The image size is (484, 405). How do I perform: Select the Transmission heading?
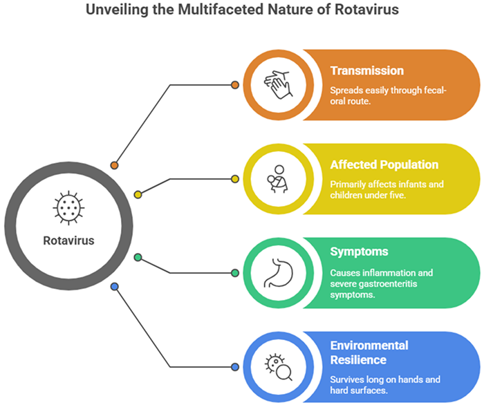pos(366,70)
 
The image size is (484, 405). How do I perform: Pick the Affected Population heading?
pos(384,164)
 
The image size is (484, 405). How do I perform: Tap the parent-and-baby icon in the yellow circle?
pos(278,178)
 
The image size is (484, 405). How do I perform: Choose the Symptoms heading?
pos(360,252)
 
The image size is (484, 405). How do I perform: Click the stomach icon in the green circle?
pos(278,272)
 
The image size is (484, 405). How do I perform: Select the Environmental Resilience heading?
pos(369,352)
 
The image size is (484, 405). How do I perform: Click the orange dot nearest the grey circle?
pos(114,166)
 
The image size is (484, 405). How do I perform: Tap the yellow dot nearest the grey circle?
pos(138,195)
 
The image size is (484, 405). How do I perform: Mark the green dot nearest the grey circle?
pos(138,257)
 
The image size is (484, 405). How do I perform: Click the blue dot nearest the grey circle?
pos(114,286)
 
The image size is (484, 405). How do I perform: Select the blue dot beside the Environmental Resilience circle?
pos(235,366)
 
